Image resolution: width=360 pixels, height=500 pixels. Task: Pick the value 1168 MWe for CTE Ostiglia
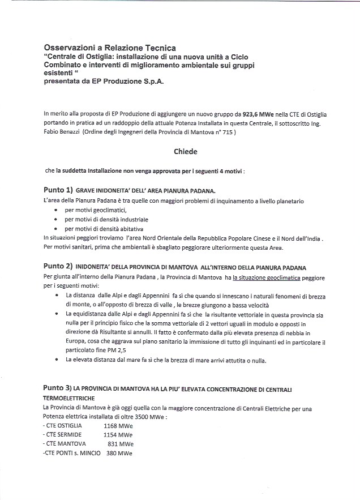(x=118, y=425)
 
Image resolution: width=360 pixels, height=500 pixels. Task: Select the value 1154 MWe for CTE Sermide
(x=118, y=434)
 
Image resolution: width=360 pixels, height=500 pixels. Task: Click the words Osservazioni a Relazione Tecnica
(x=110, y=48)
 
